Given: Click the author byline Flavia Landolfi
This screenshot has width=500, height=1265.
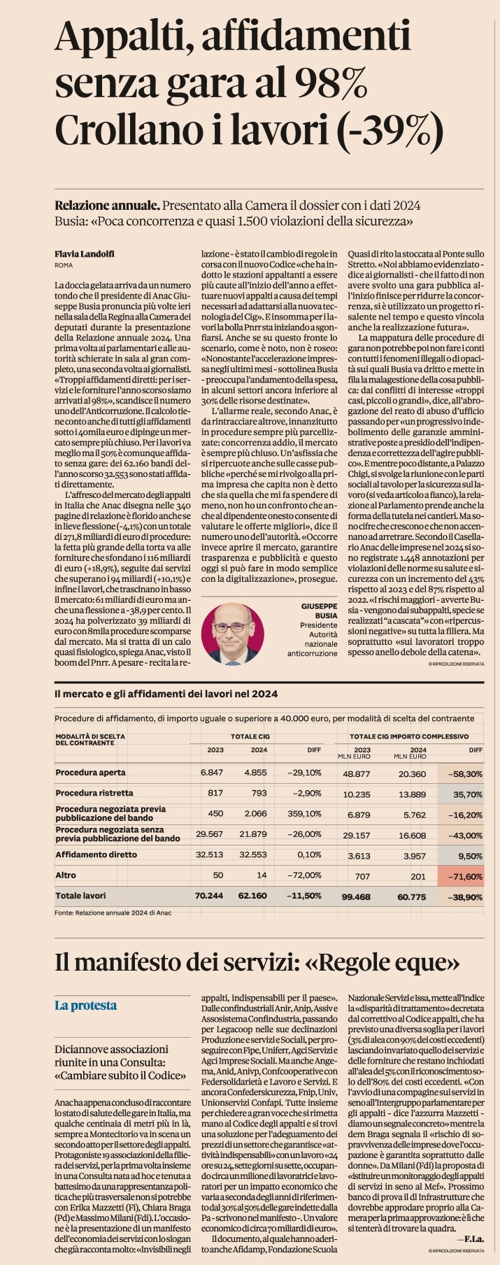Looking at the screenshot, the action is [85, 254].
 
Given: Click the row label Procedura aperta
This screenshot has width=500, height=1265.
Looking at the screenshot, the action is [91, 773].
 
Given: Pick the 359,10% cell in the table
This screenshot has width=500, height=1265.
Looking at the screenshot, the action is [305, 813].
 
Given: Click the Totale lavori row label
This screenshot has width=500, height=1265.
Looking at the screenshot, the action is [80, 896].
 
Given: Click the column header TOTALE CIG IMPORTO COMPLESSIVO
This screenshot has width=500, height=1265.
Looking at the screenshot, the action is [409, 736].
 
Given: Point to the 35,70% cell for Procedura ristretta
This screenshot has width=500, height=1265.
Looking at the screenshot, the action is [468, 794].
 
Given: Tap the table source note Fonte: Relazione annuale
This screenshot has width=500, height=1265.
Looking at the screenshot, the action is [113, 913].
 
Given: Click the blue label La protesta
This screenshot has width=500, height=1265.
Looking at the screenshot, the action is [86, 1006].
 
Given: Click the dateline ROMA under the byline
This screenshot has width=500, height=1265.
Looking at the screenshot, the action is [64, 266].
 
